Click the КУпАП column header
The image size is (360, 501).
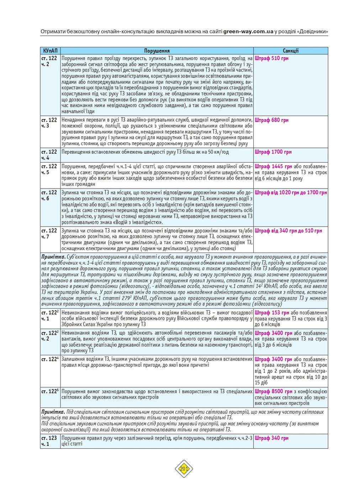click(x=50, y=51)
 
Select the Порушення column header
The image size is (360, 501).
click(x=157, y=51)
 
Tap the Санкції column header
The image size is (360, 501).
click(x=291, y=51)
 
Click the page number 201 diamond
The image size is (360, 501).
click(x=184, y=469)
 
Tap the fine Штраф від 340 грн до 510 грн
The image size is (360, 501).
click(x=288, y=231)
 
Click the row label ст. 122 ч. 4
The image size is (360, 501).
click(x=49, y=155)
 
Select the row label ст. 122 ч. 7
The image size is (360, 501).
click(x=49, y=234)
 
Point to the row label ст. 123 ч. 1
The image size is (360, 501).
click(x=49, y=441)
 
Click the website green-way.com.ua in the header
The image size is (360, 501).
click(x=248, y=31)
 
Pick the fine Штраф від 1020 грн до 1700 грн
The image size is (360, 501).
click(x=291, y=193)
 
